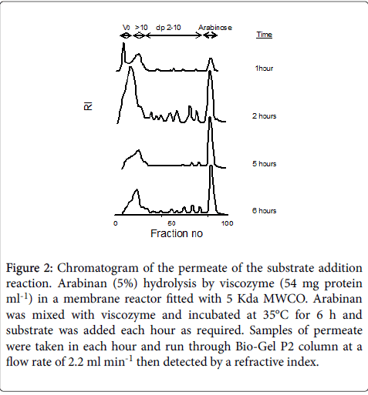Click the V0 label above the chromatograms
click(126, 28)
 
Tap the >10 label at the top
click(141, 28)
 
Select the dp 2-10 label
click(168, 28)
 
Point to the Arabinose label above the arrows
click(215, 28)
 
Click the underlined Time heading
click(264, 35)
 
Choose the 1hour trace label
click(264, 69)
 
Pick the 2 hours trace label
click(264, 116)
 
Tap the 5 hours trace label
click(264, 164)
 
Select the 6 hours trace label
click(264, 211)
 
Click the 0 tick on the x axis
click(116, 223)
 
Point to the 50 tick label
click(171, 223)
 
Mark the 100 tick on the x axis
click(228, 223)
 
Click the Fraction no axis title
click(177, 233)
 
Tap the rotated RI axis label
click(88, 106)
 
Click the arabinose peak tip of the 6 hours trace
click(211, 166)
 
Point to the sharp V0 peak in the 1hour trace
click(123, 43)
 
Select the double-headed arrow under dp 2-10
click(174, 35)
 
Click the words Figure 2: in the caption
click(29, 268)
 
